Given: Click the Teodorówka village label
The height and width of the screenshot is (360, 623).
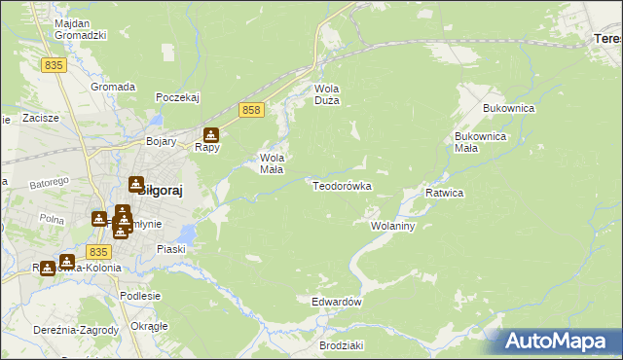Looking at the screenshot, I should [x=342, y=185].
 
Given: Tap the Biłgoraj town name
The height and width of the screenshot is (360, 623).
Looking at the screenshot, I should [x=156, y=191].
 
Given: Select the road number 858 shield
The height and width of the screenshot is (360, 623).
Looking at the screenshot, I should [x=251, y=111].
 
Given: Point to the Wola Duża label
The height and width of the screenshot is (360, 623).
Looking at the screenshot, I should [x=325, y=94].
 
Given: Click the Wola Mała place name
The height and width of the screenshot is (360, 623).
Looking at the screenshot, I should [x=272, y=162].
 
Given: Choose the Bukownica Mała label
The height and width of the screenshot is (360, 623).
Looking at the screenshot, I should [x=480, y=142].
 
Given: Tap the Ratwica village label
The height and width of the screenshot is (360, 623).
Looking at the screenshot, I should [x=444, y=193].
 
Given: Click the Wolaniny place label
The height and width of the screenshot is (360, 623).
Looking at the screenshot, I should [x=393, y=226].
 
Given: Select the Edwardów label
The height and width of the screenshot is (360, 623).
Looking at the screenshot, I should [x=337, y=302].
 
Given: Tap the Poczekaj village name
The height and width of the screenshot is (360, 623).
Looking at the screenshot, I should [x=177, y=97].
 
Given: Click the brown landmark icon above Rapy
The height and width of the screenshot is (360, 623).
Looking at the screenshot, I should [x=210, y=136].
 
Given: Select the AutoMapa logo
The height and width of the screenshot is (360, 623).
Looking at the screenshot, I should [x=558, y=341].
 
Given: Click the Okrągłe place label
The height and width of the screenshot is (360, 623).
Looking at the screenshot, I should [x=149, y=325].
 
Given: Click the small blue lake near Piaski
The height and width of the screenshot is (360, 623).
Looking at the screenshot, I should [x=190, y=234].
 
